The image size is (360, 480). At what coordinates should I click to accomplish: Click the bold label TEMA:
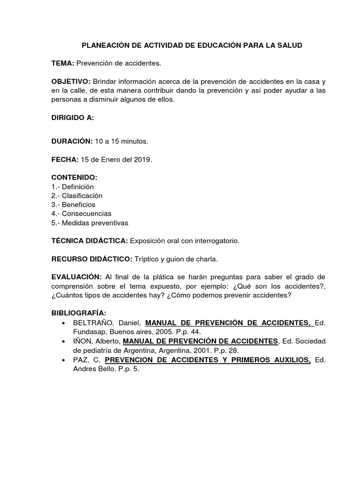point(63,63)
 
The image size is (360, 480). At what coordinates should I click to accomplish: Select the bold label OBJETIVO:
point(71,81)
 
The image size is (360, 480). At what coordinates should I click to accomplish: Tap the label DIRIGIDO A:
point(73,118)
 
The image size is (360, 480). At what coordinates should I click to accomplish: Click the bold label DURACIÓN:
point(72,141)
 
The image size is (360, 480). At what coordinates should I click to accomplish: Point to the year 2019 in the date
point(142,159)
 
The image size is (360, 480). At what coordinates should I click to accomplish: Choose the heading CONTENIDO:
point(74,178)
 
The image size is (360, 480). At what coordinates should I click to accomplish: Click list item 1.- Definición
point(73,187)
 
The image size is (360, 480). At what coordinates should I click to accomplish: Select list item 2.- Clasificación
point(77,195)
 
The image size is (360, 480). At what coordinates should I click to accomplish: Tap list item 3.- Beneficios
point(73,205)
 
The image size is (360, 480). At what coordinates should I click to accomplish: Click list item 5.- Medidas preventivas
point(90,223)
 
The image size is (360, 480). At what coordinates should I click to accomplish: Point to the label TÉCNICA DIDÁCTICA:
point(90,241)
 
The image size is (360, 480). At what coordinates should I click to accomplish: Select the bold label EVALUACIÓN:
point(76,277)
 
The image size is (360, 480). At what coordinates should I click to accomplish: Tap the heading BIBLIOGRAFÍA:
point(79,313)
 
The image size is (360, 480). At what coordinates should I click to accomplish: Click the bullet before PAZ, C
point(63,360)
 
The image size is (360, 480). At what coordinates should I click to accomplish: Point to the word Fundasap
point(88,332)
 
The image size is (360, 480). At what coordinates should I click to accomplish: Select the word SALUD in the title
point(291,45)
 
